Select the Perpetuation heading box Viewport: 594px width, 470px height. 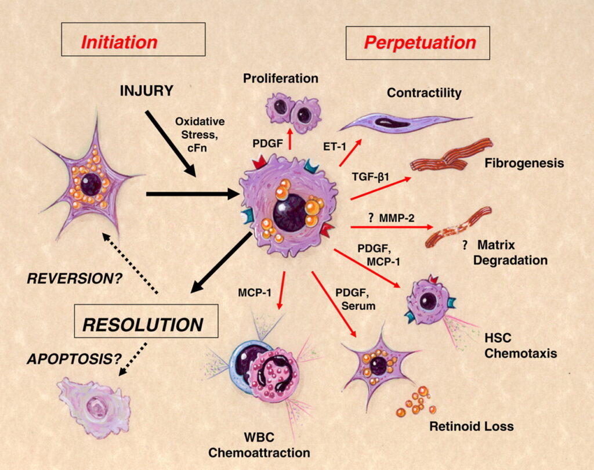pos(418,42)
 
